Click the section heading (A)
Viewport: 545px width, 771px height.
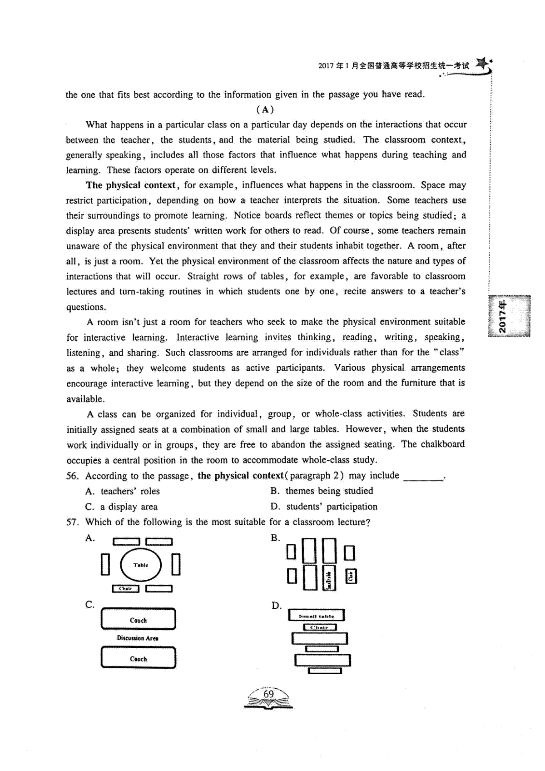(265, 109)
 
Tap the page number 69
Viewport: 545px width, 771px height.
(268, 694)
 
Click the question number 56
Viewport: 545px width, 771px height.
(73, 476)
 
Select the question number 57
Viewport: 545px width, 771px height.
(73, 522)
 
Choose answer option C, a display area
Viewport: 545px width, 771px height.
(121, 507)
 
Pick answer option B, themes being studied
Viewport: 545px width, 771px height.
(322, 491)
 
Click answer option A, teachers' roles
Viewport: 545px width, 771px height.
(123, 492)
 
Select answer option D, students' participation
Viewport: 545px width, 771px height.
(324, 507)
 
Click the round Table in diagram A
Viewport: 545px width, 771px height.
(141, 565)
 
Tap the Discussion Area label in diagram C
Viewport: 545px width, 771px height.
(138, 638)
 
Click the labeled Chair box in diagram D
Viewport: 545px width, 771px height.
(320, 627)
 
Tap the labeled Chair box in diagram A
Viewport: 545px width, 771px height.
(126, 589)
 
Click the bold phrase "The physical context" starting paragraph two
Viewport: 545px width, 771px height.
(130, 185)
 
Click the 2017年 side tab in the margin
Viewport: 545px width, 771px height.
(509, 316)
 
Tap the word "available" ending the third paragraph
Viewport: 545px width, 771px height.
(85, 399)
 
